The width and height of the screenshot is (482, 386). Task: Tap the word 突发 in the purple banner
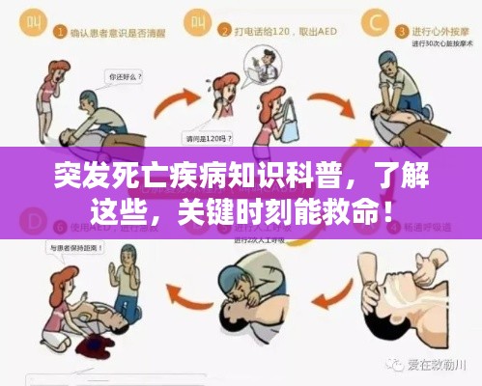point(83,177)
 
